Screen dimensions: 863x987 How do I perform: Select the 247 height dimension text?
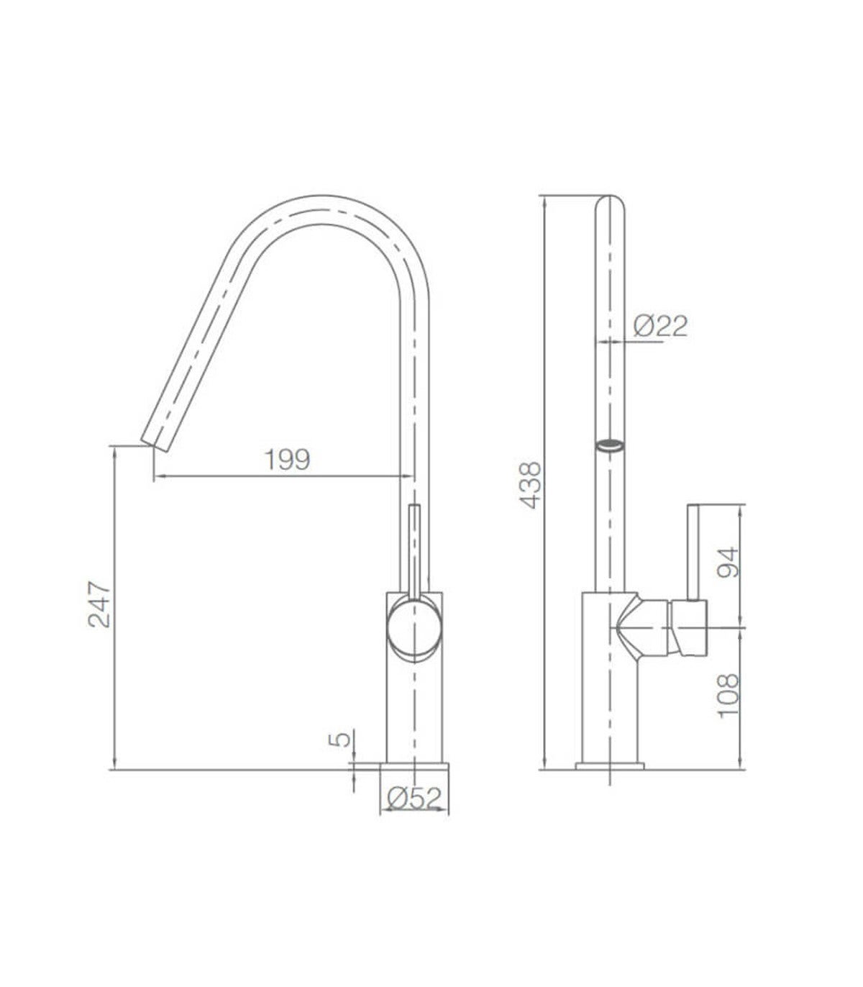click(x=100, y=604)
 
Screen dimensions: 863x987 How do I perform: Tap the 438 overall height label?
click(x=531, y=486)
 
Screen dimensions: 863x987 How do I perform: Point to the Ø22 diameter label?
click(x=660, y=326)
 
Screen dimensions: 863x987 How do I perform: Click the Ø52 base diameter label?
click(x=414, y=799)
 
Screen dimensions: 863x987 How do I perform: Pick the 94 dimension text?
click(x=728, y=563)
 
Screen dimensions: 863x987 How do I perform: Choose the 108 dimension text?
click(x=728, y=696)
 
